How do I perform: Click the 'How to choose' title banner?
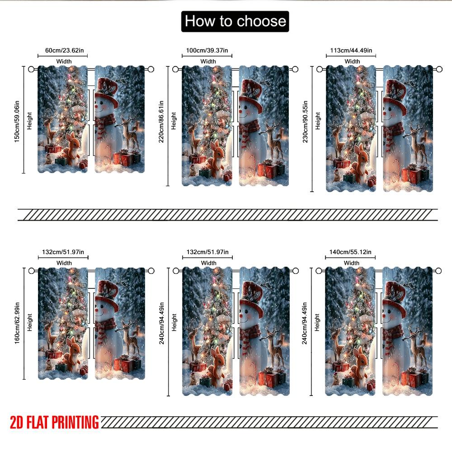(235, 21)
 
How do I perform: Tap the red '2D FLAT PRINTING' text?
(54, 422)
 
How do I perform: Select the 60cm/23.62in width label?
(62, 50)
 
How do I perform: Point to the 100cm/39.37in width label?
(207, 50)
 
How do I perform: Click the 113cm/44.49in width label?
(351, 50)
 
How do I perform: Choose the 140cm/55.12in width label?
(351, 252)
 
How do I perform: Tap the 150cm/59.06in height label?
(17, 119)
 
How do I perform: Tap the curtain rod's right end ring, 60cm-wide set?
(151, 69)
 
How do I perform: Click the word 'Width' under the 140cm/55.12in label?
(351, 263)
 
